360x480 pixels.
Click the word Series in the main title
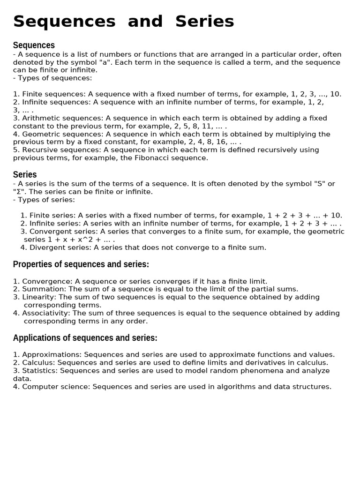(205, 22)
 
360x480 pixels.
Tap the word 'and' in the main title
(145, 22)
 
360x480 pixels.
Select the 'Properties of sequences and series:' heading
(81, 264)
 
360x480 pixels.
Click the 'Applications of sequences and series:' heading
(85, 338)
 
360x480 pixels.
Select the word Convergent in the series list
(49, 232)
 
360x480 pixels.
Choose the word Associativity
(46, 313)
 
